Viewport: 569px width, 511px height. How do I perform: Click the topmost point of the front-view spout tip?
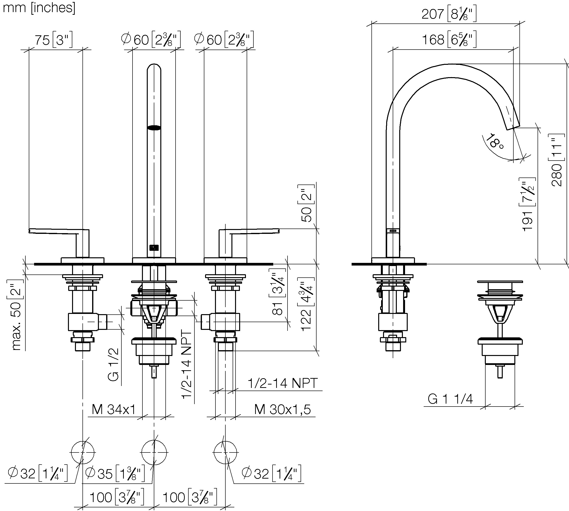coord(154,64)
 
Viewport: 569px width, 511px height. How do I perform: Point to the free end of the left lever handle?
coord(29,231)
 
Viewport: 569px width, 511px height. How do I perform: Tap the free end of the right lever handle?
coord(279,231)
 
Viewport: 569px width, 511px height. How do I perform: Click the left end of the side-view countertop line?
coord(352,264)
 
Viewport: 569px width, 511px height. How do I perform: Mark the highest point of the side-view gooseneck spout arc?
coord(451,64)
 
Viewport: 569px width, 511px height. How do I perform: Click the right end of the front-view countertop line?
coord(273,264)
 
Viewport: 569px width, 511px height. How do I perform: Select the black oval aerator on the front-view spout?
coord(154,128)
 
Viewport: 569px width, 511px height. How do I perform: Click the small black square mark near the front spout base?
coord(154,247)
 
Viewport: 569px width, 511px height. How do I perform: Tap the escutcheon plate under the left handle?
coord(82,260)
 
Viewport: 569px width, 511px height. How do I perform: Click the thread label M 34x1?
coord(114,410)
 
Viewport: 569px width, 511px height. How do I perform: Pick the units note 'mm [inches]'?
coord(39,7)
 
